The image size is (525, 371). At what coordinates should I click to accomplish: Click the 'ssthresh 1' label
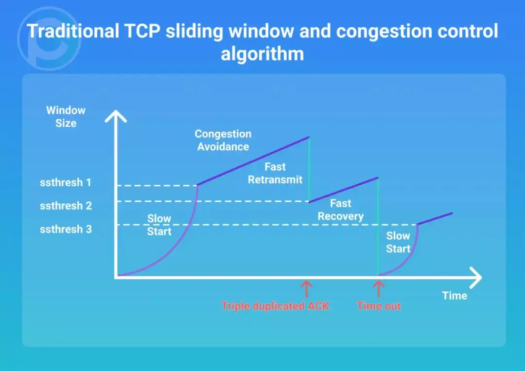pos(65,183)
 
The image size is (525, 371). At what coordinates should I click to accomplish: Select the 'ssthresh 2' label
pos(65,206)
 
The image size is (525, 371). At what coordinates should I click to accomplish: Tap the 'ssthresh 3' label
pos(65,229)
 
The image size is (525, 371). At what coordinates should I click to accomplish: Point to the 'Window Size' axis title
pos(66,117)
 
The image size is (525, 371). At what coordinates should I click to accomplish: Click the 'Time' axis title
pos(455,296)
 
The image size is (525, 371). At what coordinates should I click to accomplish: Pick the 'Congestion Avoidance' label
pos(223,140)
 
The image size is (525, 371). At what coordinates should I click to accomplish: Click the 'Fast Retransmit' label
pos(275,173)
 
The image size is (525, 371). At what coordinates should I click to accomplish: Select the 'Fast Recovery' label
pos(340,210)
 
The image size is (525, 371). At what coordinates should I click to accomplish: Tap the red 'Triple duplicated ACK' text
pos(275,306)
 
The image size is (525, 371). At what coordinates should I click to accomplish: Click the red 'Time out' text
pos(379,306)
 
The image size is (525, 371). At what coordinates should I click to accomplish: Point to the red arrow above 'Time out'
pos(378,289)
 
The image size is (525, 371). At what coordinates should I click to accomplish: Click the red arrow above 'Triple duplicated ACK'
pos(306,289)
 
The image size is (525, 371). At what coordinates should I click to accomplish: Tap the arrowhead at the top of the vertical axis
pos(116,116)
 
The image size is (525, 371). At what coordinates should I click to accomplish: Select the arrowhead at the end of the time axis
pos(476,277)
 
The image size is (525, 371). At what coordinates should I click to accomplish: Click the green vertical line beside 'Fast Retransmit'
pos(309,169)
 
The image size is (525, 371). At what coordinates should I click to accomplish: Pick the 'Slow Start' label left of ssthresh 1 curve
pos(159,225)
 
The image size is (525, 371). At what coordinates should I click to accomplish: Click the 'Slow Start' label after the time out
pos(398,242)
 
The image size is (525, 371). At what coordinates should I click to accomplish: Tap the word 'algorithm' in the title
pos(262,53)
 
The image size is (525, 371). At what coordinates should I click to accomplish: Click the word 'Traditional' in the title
pos(73,31)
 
